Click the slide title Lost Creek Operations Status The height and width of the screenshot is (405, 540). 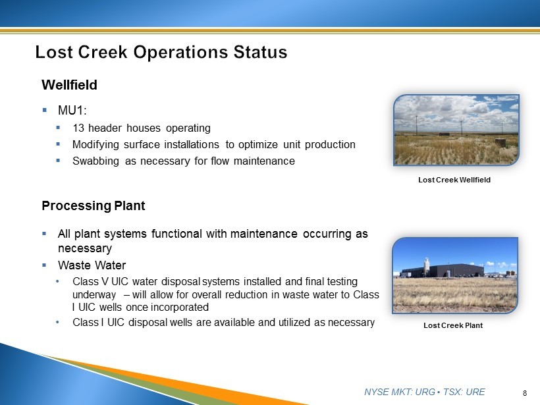pyautogui.click(x=161, y=52)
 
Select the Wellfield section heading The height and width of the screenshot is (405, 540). pyautogui.click(x=69, y=85)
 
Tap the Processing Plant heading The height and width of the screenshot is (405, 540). pyautogui.click(x=94, y=205)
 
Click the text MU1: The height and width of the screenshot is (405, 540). pyautogui.click(x=72, y=111)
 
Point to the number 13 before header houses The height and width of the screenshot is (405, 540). pyautogui.click(x=78, y=128)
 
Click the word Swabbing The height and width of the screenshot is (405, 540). pyautogui.click(x=95, y=161)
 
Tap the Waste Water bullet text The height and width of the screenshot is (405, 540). pyautogui.click(x=92, y=265)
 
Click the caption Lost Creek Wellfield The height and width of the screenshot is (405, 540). pyautogui.click(x=454, y=180)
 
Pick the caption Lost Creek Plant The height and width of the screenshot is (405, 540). pyautogui.click(x=453, y=325)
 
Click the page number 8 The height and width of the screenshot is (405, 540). pyautogui.click(x=525, y=393)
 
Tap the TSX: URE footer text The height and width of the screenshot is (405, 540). pyautogui.click(x=464, y=392)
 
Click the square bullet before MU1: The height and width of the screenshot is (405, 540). pyautogui.click(x=44, y=110)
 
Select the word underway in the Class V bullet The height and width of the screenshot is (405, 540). pyautogui.click(x=94, y=295)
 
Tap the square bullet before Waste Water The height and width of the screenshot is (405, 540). pyautogui.click(x=44, y=265)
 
